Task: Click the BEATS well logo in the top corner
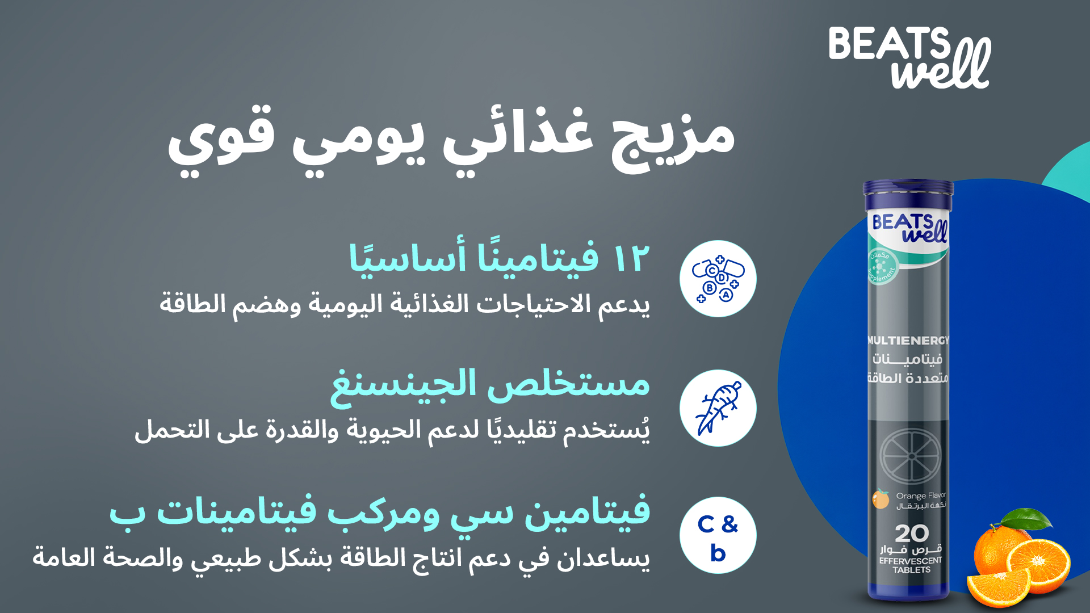[x=909, y=57]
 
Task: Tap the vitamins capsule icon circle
[x=718, y=279]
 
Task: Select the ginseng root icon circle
[x=718, y=408]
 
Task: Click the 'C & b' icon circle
[x=718, y=535]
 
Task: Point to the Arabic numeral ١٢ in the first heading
[x=631, y=259]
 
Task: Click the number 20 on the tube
[x=912, y=534]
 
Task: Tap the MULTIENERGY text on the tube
[x=908, y=341]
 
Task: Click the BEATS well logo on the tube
[x=909, y=228]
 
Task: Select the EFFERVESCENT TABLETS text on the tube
[x=911, y=565]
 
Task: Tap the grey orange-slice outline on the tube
[x=910, y=456]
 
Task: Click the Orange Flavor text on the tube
[x=921, y=496]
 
